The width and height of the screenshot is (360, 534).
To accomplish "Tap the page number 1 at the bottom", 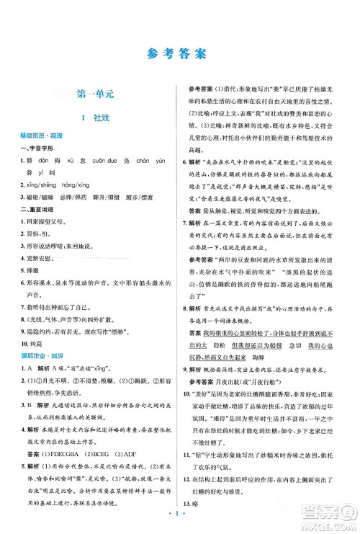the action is pyautogui.click(x=180, y=517).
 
